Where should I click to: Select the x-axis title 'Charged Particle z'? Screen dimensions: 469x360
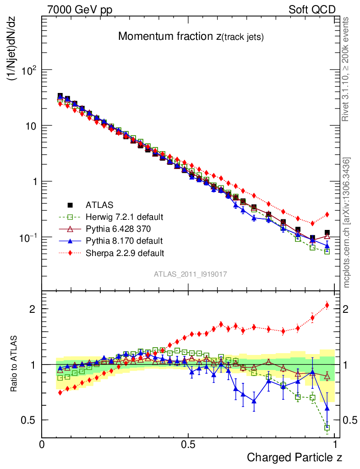pos(295,457)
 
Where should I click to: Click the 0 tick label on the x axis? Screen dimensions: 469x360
pos(42,444)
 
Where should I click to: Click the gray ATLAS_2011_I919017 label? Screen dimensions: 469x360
pos(191,274)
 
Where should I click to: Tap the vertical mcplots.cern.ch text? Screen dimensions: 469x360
pos(347,223)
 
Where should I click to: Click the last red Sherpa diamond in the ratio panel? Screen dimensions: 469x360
pos(327,305)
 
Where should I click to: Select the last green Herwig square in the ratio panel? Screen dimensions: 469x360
pos(327,428)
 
